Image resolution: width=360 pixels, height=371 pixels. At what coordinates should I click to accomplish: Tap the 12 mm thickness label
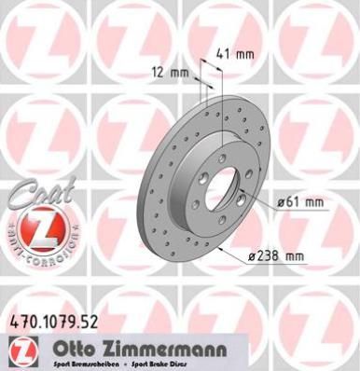click(x=170, y=71)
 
